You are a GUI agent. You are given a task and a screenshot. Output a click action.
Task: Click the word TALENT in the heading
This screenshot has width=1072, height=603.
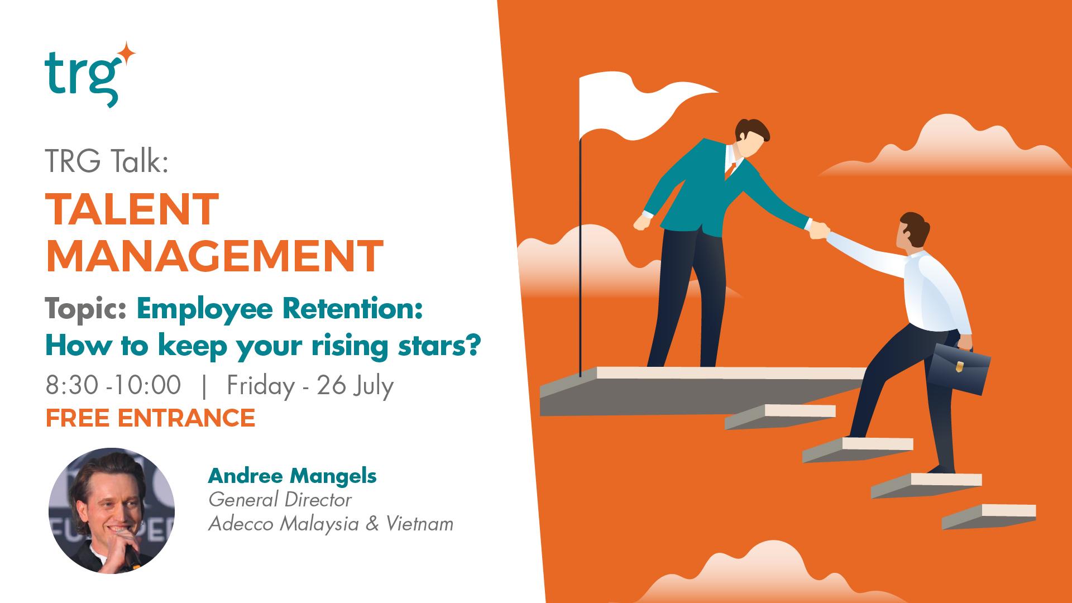(132, 209)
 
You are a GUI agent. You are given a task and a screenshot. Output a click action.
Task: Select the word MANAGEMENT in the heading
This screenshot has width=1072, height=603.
(214, 255)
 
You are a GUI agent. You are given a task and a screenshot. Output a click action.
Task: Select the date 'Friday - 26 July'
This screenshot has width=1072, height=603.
(310, 385)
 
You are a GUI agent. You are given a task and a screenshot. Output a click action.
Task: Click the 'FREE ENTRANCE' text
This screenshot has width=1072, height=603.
(150, 418)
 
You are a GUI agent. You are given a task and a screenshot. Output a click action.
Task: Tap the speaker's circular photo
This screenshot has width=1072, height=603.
(112, 510)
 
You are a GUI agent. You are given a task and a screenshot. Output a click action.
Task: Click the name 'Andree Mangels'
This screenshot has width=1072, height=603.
(292, 476)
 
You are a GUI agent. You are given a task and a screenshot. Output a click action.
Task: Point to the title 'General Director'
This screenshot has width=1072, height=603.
(280, 500)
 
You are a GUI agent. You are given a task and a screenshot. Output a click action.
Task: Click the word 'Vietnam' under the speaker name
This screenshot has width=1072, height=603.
(419, 524)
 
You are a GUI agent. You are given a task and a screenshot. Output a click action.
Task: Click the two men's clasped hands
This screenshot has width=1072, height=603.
(819, 229)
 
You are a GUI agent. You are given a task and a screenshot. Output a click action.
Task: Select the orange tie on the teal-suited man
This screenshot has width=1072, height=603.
(728, 170)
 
